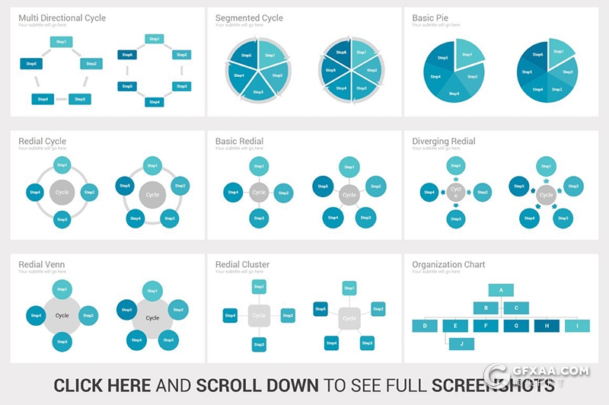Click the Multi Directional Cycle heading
coord(62,18)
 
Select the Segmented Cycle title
coord(249,18)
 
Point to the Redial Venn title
coord(42,265)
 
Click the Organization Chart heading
coord(448,265)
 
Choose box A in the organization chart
coord(501,290)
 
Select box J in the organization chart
coord(461,344)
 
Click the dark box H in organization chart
coord(547,326)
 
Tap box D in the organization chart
coord(425,326)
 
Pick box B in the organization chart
coord(486,308)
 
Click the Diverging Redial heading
coord(444,141)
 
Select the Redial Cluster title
coord(242,265)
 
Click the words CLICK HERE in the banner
coord(102,385)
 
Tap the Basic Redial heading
coord(239,141)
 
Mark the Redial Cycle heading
coord(43,141)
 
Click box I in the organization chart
coord(577,326)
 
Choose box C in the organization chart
coord(516,308)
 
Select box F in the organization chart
coord(486,326)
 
